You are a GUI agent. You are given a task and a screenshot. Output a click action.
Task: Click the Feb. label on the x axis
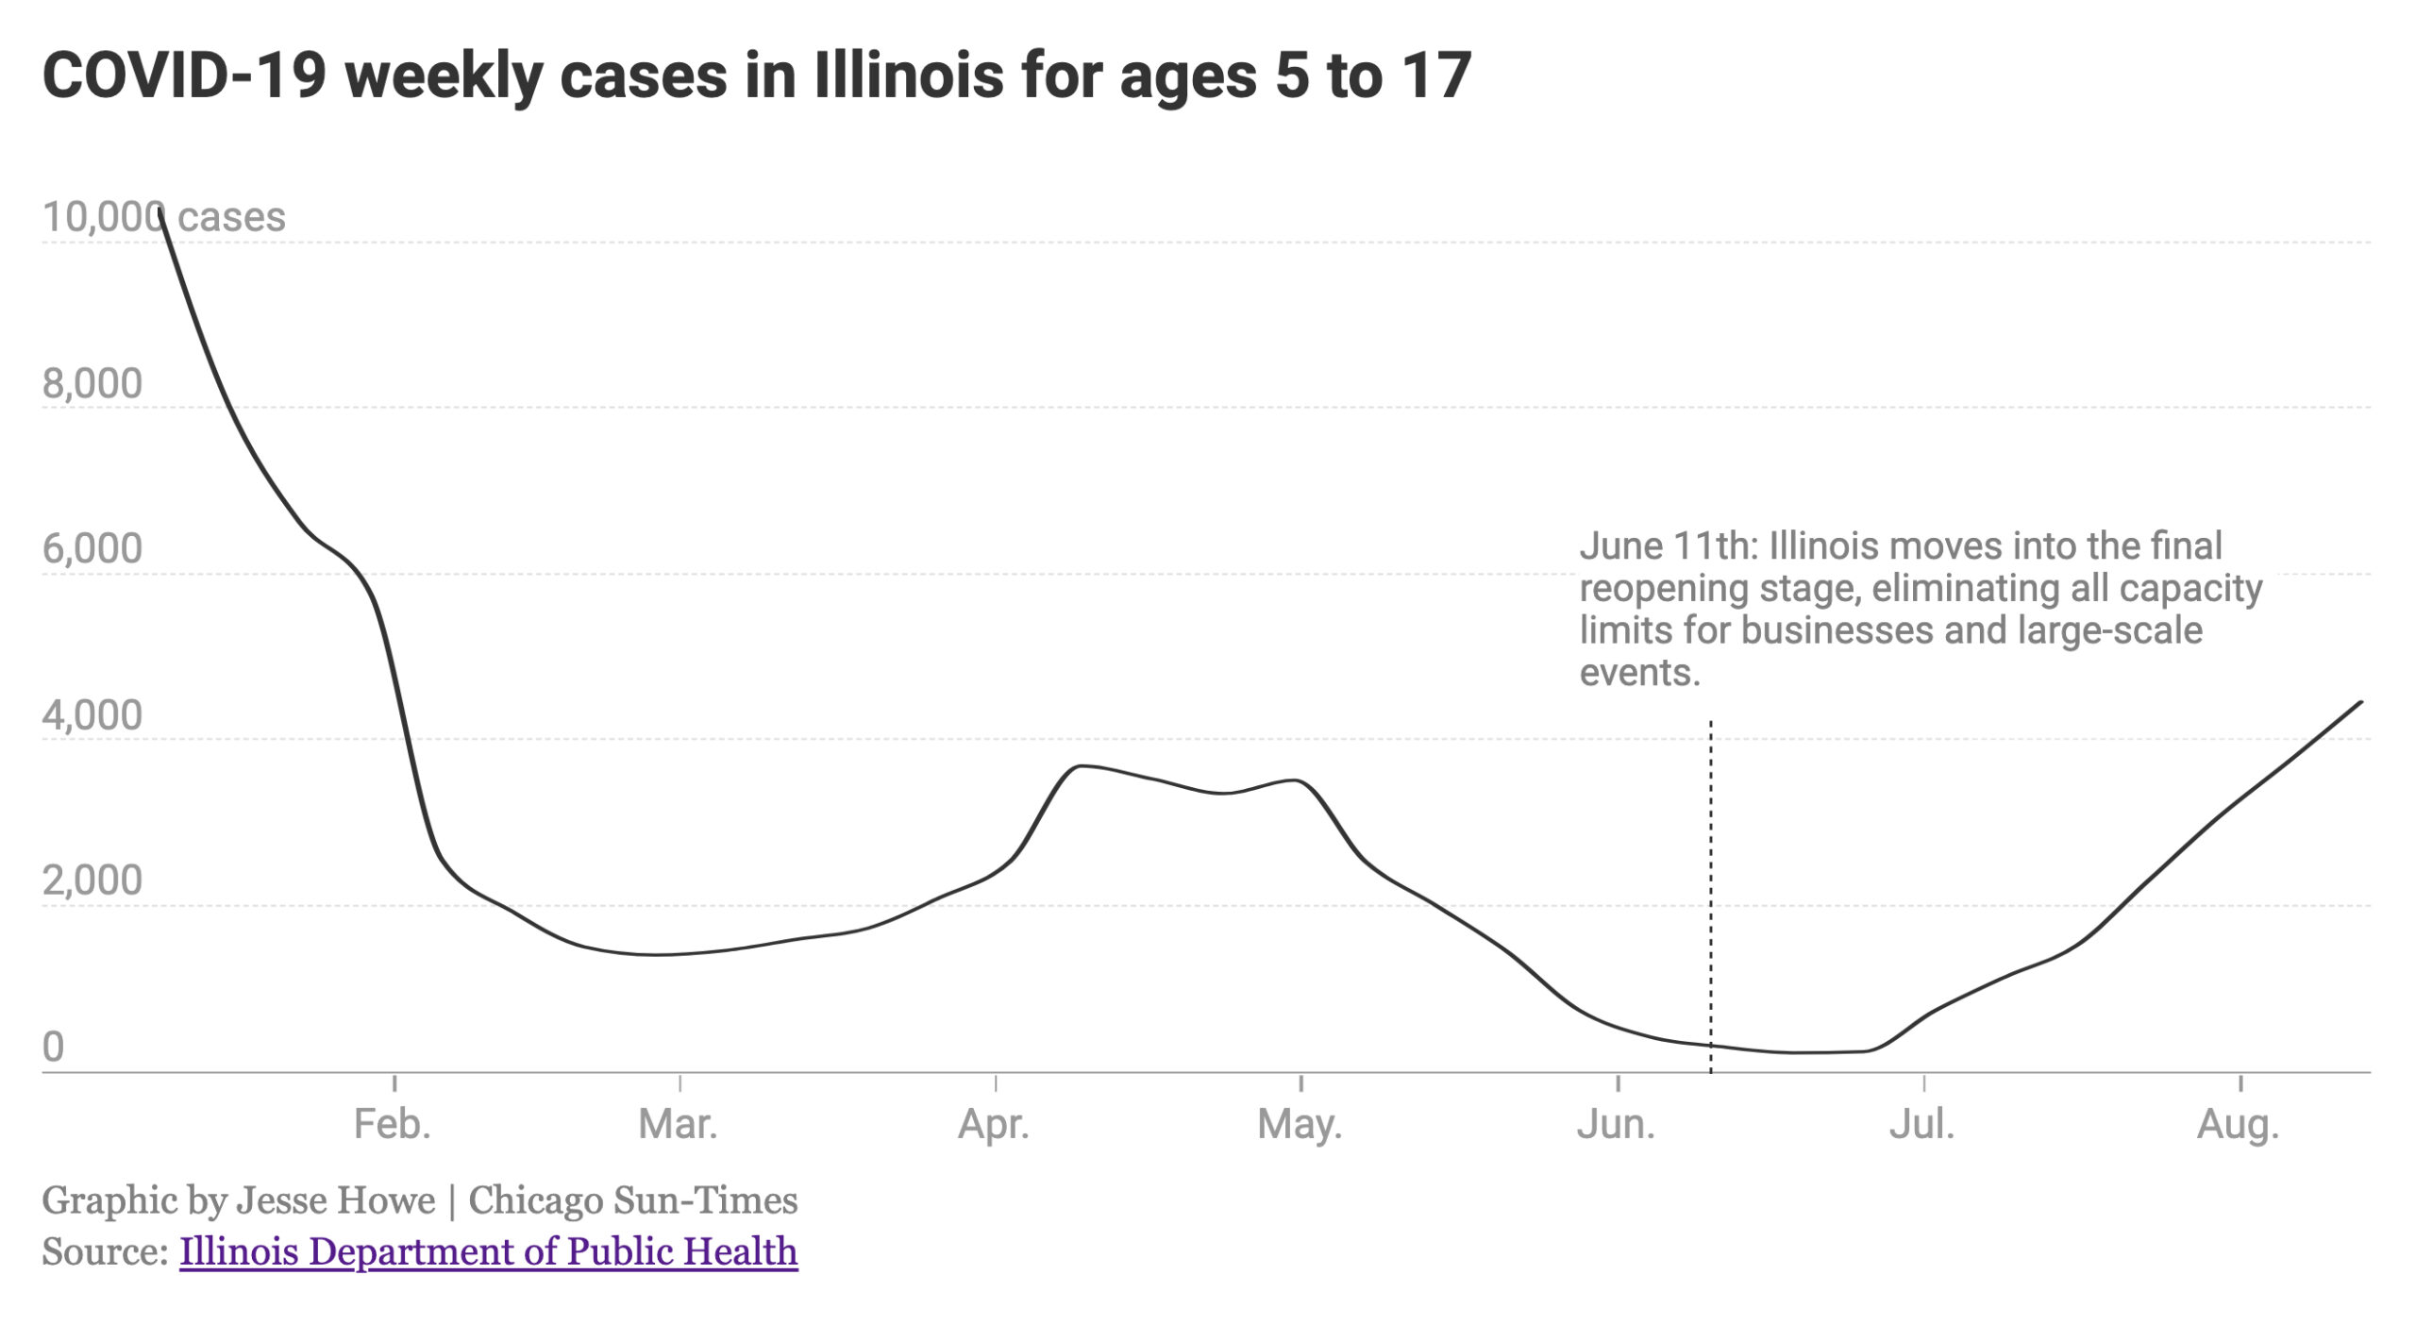click(392, 1125)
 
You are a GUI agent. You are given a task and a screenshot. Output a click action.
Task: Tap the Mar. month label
click(678, 1125)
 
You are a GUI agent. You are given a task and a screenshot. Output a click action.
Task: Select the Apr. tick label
click(993, 1125)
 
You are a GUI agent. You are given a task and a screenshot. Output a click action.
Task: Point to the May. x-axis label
click(1300, 1125)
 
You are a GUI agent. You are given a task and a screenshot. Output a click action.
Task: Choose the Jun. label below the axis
click(1616, 1125)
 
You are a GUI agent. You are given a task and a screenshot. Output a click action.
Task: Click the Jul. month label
click(1921, 1125)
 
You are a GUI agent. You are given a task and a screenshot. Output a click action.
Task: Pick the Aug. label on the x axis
click(2238, 1125)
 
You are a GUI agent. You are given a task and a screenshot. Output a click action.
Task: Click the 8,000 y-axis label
click(92, 383)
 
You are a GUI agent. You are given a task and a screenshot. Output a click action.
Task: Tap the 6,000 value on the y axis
click(92, 548)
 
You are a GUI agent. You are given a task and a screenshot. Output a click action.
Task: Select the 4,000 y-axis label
click(92, 715)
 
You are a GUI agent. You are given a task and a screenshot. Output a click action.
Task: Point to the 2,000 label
click(92, 881)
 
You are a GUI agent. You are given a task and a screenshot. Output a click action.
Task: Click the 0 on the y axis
click(53, 1047)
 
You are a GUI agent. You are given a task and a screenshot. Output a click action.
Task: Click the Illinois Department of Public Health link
click(488, 1251)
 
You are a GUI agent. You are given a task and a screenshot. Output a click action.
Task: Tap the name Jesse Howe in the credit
click(335, 1200)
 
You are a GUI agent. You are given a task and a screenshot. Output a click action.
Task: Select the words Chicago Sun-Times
click(632, 1200)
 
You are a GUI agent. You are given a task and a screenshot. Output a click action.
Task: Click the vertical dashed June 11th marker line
click(1710, 897)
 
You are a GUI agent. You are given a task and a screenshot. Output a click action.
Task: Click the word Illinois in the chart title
click(908, 75)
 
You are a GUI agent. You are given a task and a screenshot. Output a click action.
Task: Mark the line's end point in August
click(2361, 701)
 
